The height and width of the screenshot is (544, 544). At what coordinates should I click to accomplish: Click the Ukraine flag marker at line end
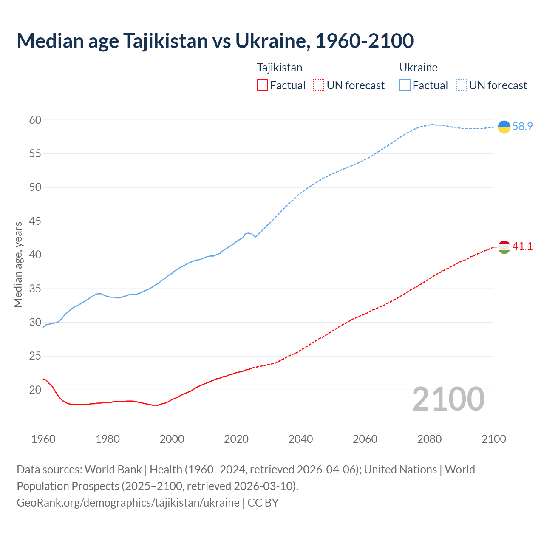(x=504, y=127)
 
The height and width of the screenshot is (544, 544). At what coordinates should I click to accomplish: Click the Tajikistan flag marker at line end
(x=504, y=247)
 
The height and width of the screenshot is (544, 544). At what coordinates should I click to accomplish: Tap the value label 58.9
(x=522, y=127)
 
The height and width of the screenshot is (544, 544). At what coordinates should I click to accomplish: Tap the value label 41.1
(x=522, y=246)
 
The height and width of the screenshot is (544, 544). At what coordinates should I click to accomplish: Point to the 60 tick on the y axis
(x=35, y=120)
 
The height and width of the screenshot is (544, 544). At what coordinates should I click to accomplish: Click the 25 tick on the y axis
(x=35, y=356)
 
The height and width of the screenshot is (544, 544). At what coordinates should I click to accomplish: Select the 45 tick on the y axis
(x=35, y=221)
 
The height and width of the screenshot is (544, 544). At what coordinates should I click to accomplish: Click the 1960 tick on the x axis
(x=43, y=439)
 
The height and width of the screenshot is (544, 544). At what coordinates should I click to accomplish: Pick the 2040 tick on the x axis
(x=300, y=439)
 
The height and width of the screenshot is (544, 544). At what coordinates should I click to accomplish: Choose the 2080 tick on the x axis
(x=429, y=439)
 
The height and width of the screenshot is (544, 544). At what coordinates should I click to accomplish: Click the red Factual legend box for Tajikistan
(x=262, y=85)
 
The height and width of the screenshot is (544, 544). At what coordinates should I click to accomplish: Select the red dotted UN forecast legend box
(x=319, y=85)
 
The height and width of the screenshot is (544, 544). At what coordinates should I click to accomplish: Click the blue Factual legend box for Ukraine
(x=405, y=85)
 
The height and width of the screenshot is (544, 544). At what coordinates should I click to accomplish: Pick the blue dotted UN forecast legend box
(x=461, y=85)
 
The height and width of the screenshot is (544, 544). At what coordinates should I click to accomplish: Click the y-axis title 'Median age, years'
(x=18, y=264)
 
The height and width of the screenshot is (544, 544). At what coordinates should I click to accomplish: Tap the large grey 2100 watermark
(x=448, y=399)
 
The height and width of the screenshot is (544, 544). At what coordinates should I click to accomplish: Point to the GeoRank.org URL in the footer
(x=128, y=503)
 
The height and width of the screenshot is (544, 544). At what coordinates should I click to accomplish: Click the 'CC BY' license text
(x=263, y=503)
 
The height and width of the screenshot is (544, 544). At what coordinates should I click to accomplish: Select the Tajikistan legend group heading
(x=279, y=68)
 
